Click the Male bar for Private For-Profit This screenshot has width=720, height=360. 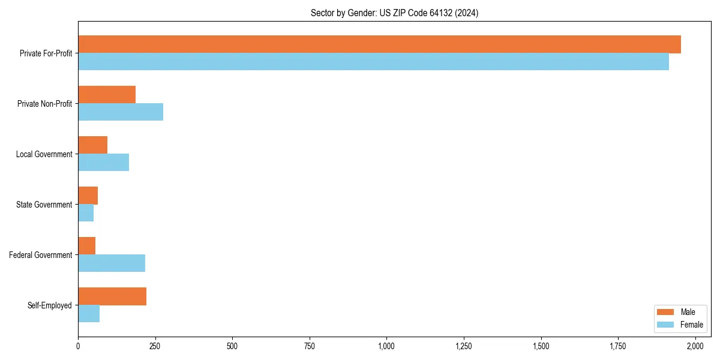(x=379, y=44)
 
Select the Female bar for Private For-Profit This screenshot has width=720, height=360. (x=373, y=62)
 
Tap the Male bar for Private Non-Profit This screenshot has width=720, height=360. (x=107, y=95)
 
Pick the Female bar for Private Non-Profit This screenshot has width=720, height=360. (x=121, y=112)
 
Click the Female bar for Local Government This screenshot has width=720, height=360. (x=103, y=163)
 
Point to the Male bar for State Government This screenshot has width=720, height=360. (x=88, y=196)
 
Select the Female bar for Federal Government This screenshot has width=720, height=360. (x=112, y=263)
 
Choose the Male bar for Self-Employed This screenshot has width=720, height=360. (x=112, y=296)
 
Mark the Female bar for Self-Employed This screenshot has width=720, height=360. (x=89, y=314)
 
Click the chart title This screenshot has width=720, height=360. (x=394, y=13)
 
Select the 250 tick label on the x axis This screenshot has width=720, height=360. (x=155, y=346)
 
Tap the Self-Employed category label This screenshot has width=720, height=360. (x=50, y=305)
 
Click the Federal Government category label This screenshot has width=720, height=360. (x=41, y=255)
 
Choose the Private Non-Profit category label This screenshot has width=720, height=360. (x=44, y=104)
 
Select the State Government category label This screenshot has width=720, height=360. (x=44, y=205)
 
